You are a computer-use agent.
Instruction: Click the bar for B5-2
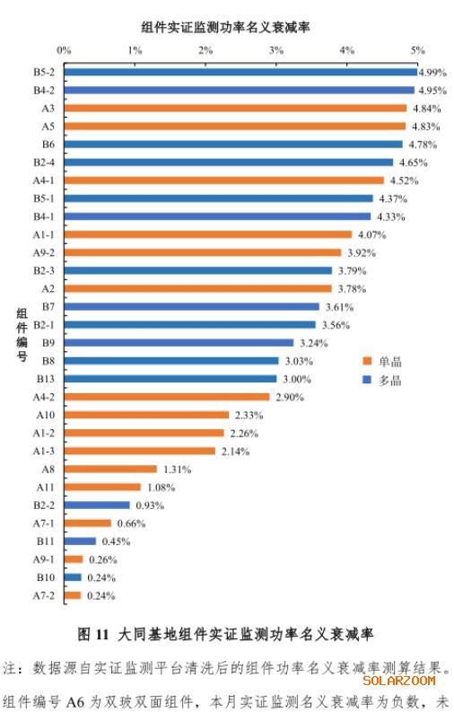(x=240, y=72)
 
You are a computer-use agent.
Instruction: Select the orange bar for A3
(x=235, y=108)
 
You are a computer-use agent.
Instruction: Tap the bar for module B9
(x=179, y=343)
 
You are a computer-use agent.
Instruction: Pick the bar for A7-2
(x=73, y=595)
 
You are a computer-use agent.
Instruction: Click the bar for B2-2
(x=97, y=505)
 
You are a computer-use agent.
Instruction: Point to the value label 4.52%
(x=404, y=180)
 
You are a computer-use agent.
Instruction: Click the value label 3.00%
(x=297, y=379)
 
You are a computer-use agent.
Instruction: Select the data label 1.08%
(x=161, y=488)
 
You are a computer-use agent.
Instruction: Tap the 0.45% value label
(x=116, y=541)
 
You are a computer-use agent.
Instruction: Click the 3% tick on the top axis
(x=276, y=50)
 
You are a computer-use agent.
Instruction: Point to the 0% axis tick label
(x=64, y=50)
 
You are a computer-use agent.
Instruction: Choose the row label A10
(x=46, y=415)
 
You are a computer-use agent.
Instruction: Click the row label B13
(x=46, y=379)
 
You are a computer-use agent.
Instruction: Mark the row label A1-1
(x=44, y=234)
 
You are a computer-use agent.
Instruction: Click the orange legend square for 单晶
(x=367, y=361)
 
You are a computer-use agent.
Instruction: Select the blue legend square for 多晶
(x=367, y=380)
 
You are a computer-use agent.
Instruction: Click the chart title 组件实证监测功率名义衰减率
(x=225, y=27)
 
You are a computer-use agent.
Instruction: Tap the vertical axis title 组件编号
(x=22, y=335)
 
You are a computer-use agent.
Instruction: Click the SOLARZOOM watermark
(x=399, y=681)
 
